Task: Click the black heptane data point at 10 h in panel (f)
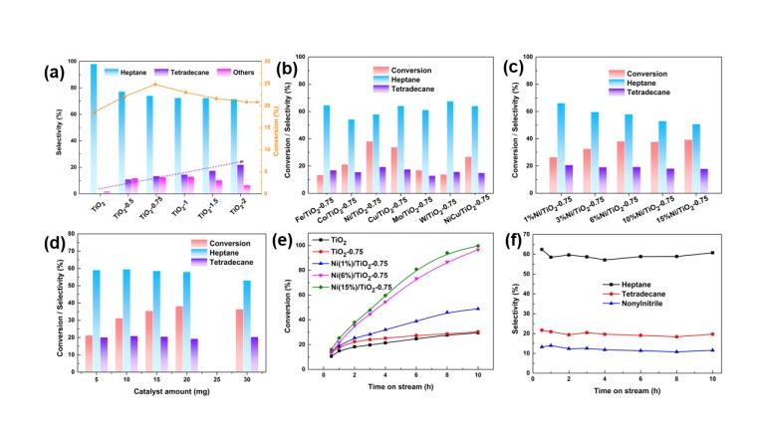[712, 253]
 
